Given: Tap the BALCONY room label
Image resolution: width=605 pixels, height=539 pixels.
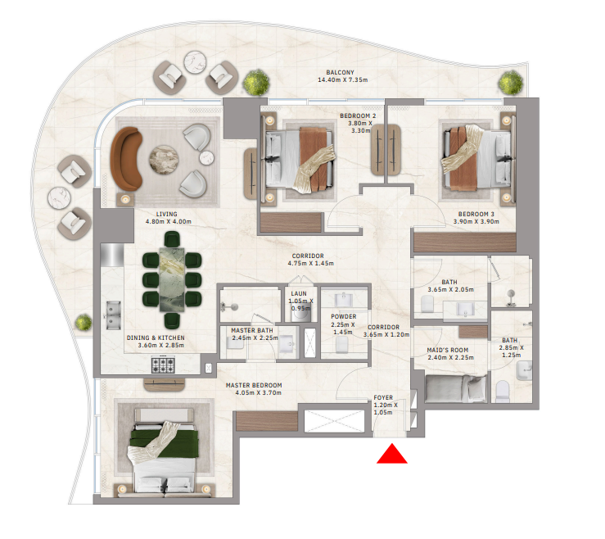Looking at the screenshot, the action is click(x=340, y=72).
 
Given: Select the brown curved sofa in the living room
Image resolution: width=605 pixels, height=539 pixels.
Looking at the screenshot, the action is click(x=125, y=159).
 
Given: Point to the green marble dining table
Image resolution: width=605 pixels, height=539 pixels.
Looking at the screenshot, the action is click(x=172, y=279).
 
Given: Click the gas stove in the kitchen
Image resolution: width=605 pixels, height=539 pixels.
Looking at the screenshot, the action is click(x=163, y=365).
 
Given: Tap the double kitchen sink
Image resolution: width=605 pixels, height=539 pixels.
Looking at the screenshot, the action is click(x=112, y=315).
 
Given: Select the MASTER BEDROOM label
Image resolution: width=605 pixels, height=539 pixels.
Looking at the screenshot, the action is click(x=254, y=385).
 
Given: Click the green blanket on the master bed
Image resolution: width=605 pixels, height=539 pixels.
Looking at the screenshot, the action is click(x=165, y=442).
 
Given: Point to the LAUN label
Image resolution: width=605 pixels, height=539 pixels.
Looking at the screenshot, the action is click(x=299, y=294).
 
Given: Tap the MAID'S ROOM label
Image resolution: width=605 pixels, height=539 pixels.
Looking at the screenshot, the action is click(x=448, y=351).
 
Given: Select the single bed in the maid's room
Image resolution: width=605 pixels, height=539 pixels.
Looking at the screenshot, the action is click(x=455, y=388).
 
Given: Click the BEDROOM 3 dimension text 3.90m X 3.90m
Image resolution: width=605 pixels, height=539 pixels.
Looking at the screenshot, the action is click(x=476, y=222).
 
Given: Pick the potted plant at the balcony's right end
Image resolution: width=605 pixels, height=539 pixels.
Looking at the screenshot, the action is click(x=511, y=82).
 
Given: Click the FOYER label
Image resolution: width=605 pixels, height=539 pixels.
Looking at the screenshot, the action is click(x=383, y=397).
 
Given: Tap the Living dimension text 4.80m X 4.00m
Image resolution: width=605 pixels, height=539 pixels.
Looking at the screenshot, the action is click(x=168, y=222).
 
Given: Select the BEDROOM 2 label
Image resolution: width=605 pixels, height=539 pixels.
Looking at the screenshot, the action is click(x=358, y=115).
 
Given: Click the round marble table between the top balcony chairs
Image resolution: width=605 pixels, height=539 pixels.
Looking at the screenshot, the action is click(x=195, y=62).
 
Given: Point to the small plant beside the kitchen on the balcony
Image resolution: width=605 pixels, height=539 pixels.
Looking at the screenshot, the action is click(x=84, y=323).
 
